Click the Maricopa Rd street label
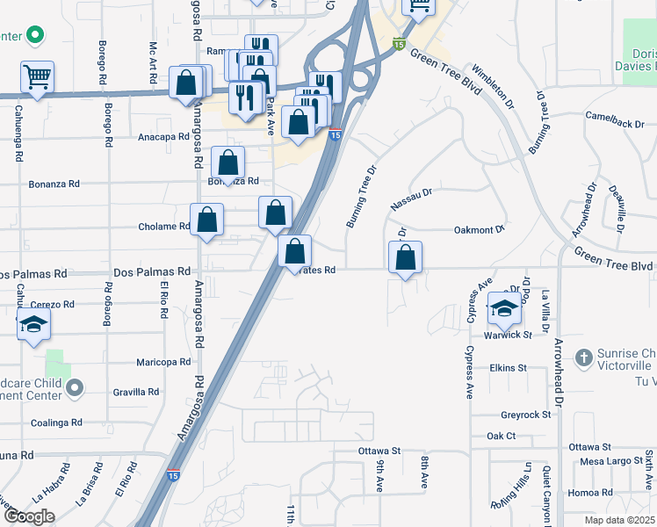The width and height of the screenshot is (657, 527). [163, 362]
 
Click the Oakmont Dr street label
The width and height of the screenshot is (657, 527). [480, 230]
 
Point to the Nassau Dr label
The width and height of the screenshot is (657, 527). [412, 204]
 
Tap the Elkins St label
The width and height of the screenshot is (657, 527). [508, 368]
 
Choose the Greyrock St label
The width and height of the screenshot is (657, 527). [525, 415]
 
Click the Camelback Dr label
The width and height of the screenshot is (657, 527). [615, 122]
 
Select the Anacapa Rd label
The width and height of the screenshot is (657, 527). [164, 137]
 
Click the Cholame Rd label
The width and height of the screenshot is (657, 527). [164, 226]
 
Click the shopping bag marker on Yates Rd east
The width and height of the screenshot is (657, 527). [405, 257]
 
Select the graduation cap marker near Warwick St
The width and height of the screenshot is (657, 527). [504, 307]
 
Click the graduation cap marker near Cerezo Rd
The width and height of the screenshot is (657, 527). [33, 324]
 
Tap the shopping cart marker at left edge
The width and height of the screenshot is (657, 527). [37, 77]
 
